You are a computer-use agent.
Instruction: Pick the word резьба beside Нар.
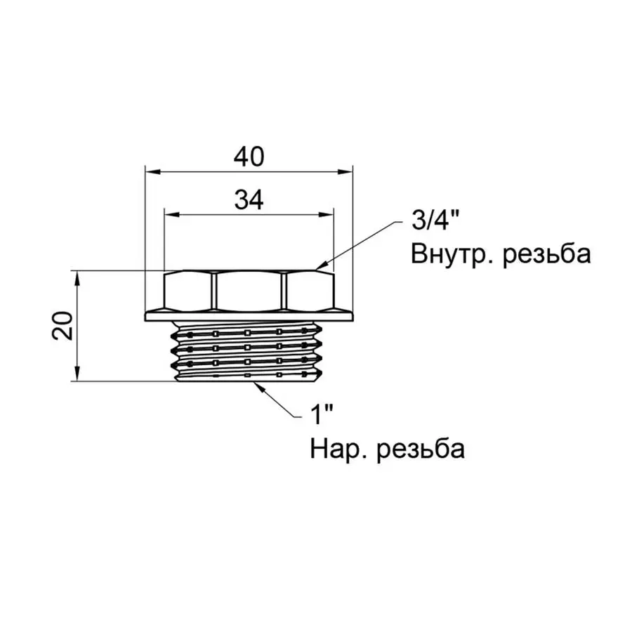[x=421, y=449]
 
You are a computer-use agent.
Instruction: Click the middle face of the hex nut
[x=249, y=291]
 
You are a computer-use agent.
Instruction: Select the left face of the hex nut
[x=187, y=291]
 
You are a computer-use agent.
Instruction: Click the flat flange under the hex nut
[x=249, y=315]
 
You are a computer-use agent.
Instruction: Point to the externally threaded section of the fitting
[x=249, y=351]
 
